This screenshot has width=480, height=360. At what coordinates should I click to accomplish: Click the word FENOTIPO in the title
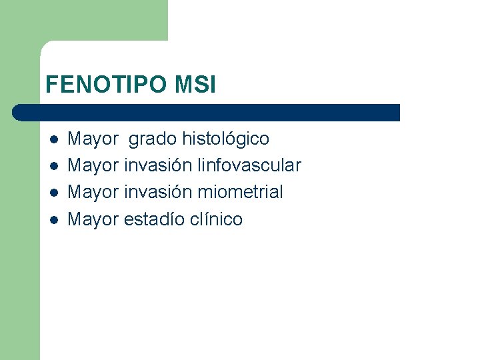pyautogui.click(x=107, y=85)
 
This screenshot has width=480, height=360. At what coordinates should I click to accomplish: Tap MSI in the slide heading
pyautogui.click(x=195, y=85)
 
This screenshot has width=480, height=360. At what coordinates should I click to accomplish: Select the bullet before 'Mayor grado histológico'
pyautogui.click(x=54, y=139)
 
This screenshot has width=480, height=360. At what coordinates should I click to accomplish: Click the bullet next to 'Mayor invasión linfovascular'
pyautogui.click(x=54, y=166)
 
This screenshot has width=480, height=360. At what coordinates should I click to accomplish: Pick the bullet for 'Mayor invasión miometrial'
pyautogui.click(x=54, y=193)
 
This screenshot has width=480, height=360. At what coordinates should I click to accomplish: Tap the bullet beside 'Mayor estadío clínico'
pyautogui.click(x=54, y=219)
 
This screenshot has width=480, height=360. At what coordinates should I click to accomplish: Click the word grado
pyautogui.click(x=153, y=139)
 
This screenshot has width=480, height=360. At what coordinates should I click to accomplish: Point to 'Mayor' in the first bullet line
pyautogui.click(x=93, y=139)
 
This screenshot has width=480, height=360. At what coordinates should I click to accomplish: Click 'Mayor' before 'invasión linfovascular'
pyautogui.click(x=93, y=165)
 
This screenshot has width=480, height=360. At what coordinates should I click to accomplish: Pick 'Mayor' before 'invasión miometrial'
pyautogui.click(x=93, y=192)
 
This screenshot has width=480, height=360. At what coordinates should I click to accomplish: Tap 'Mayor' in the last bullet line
pyautogui.click(x=93, y=219)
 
